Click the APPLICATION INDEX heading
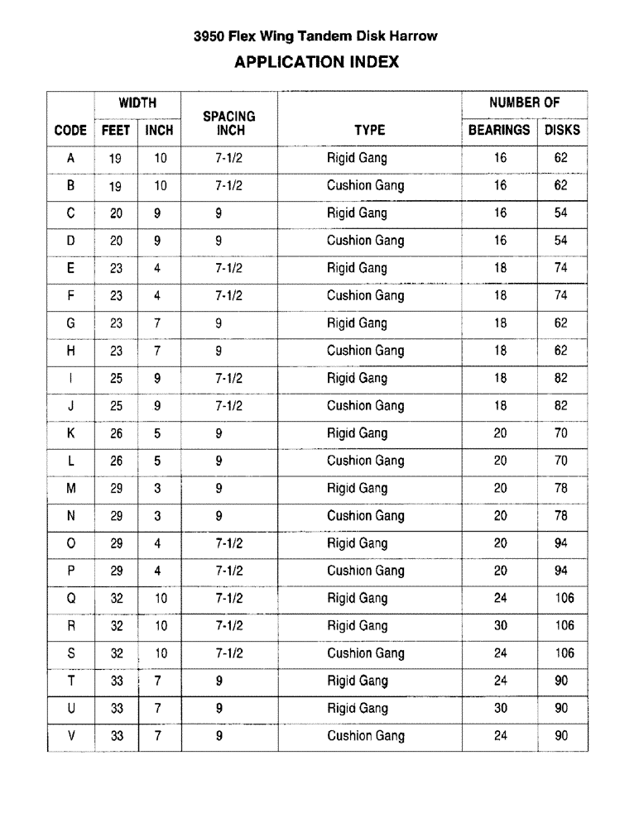(317, 62)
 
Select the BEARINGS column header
(499, 130)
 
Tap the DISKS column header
(562, 130)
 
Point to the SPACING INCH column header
(230, 123)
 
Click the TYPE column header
(369, 130)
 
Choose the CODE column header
(70, 130)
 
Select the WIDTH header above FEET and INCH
(137, 103)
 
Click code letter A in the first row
(70, 158)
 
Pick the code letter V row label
(70, 735)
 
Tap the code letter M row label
(70, 488)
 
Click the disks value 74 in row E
(561, 268)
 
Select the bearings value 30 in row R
(500, 625)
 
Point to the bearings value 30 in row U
(500, 708)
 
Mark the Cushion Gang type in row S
(365, 653)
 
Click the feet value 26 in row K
(116, 433)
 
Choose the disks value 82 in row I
(561, 378)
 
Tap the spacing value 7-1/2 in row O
(228, 543)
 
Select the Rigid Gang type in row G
(357, 323)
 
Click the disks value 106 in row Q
(565, 598)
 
